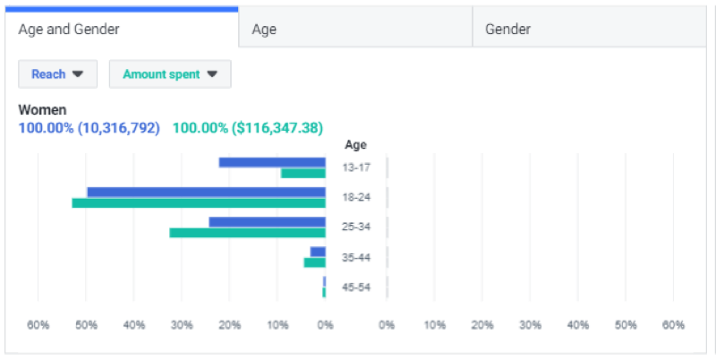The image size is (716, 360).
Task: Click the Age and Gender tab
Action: tap(69, 29)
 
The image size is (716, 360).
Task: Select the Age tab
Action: tap(264, 29)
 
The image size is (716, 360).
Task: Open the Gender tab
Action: tap(507, 29)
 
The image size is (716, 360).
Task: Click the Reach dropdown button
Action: tap(57, 74)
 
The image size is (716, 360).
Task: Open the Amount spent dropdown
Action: tap(170, 74)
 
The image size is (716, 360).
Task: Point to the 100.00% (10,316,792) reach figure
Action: tap(89, 128)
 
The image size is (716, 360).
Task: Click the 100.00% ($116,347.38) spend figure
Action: tap(248, 128)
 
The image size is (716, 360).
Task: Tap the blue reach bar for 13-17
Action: tap(272, 162)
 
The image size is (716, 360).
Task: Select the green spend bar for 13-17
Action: tap(303, 173)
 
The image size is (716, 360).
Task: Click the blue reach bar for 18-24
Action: tap(206, 192)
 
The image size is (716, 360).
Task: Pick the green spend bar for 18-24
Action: tap(199, 203)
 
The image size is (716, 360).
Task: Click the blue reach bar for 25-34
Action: tap(267, 222)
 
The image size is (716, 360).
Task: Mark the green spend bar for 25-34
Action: tap(247, 233)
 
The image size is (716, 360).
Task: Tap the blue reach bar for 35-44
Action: tap(318, 252)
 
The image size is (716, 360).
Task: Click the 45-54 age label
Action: tap(355, 287)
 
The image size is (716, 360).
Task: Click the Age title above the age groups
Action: tap(355, 145)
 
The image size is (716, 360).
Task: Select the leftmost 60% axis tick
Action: tap(38, 325)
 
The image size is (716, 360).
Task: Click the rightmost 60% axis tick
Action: tap(673, 325)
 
